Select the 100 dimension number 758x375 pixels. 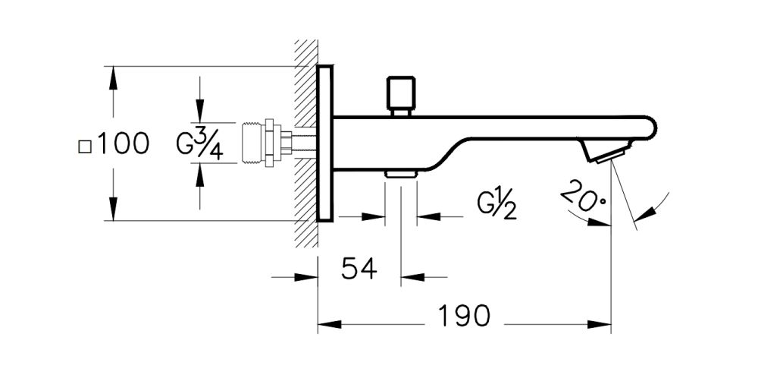pos(121,143)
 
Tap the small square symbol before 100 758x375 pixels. pos(84,145)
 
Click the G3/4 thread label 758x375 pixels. pos(200,143)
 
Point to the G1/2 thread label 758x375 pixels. pos(496,204)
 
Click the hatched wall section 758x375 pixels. pos(306,143)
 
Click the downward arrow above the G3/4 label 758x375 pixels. pos(200,114)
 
